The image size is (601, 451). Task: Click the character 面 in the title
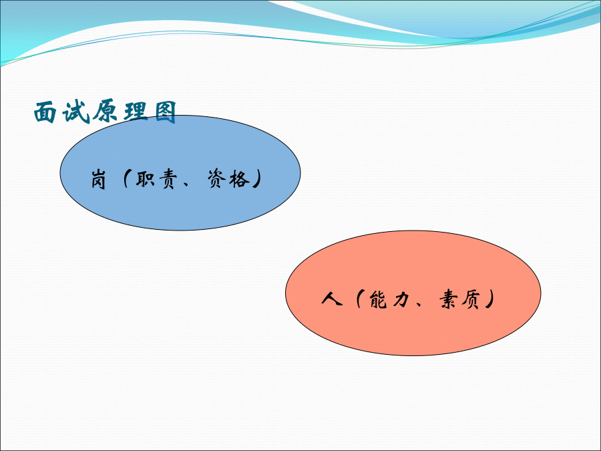[45, 112]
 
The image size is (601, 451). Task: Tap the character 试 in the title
[76, 112]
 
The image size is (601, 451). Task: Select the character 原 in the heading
[105, 112]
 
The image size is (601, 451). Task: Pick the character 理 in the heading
[136, 112]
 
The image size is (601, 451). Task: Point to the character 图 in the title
[166, 112]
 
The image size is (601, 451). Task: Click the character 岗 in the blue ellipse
[99, 179]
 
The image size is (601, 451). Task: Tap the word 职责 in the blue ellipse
[156, 178]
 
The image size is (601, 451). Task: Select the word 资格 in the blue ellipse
[228, 178]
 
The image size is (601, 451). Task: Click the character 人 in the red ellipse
[331, 299]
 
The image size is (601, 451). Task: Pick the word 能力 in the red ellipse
[389, 299]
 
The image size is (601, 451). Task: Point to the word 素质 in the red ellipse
[459, 299]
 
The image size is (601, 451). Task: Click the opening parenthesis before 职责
[126, 178]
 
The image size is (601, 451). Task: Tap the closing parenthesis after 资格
[258, 178]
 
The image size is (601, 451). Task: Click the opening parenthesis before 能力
[359, 299]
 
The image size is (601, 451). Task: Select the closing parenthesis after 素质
[489, 299]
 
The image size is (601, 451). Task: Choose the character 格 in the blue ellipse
[240, 178]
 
